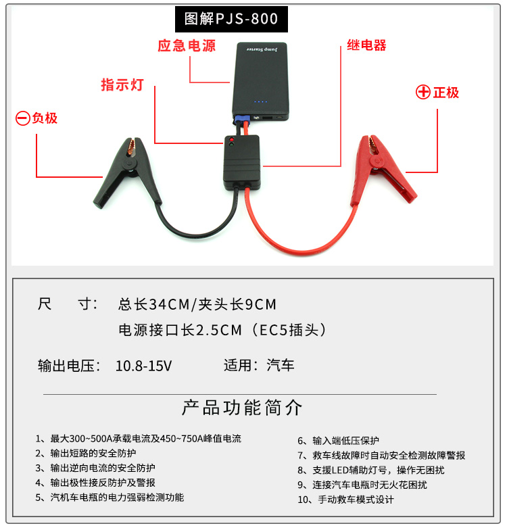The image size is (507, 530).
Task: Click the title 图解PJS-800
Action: (x=231, y=19)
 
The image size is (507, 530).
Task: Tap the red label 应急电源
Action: (x=187, y=46)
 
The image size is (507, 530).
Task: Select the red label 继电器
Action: (x=366, y=45)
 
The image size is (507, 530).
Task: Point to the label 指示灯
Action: (x=122, y=85)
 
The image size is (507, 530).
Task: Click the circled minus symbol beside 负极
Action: (x=23, y=118)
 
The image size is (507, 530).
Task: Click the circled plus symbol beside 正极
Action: (x=423, y=92)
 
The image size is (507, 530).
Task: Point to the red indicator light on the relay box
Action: (x=231, y=139)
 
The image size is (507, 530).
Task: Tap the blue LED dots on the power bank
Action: (x=260, y=101)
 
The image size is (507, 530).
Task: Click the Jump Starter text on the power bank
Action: (x=262, y=50)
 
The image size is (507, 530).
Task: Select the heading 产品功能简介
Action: (x=242, y=407)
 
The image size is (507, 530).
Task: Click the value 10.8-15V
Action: (x=143, y=366)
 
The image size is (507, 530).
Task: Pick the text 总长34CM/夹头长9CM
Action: (x=197, y=304)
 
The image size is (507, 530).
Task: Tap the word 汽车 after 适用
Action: (x=281, y=365)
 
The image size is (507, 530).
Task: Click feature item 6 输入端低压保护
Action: (x=338, y=441)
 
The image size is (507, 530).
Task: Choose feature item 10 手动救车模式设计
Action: (x=346, y=499)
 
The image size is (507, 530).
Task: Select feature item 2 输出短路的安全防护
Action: (x=86, y=453)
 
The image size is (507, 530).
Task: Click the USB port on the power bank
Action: (x=267, y=118)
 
